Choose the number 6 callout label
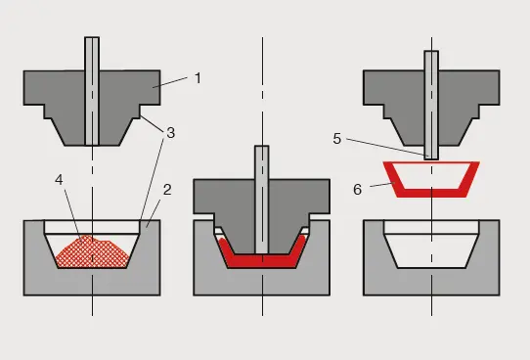[359, 189]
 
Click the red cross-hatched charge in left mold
[92, 251]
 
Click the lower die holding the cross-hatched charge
[39, 264]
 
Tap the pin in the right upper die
[430, 98]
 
